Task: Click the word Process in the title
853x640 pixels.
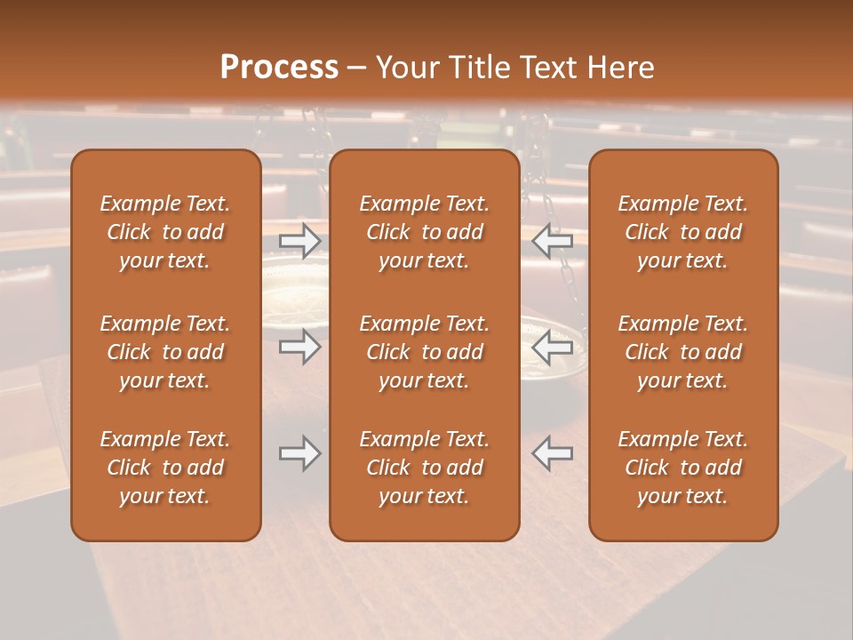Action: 279,68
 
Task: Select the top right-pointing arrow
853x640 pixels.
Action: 299,241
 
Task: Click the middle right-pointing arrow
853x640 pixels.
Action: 299,347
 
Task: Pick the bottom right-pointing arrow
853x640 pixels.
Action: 299,453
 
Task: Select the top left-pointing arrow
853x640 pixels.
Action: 553,241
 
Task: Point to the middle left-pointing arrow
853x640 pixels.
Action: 553,347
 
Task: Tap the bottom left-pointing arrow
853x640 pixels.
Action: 553,453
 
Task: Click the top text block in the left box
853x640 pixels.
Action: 165,232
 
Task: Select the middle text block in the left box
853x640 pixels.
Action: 165,352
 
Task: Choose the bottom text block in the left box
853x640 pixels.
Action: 165,468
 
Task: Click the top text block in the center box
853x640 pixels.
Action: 425,232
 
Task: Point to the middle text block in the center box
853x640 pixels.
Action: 425,352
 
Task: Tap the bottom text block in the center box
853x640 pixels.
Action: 425,468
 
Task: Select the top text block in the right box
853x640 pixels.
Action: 683,232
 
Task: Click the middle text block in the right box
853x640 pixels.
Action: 683,352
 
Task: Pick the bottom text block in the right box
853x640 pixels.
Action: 683,468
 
